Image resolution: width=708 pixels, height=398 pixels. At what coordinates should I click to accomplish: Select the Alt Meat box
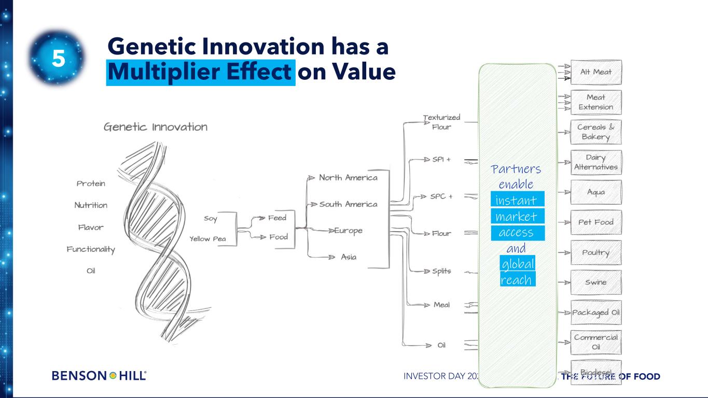(595, 73)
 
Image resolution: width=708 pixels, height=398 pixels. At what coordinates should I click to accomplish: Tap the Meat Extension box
(595, 102)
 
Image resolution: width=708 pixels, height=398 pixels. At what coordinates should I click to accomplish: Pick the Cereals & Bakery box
(595, 132)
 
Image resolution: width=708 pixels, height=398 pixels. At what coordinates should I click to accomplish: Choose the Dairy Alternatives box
(595, 162)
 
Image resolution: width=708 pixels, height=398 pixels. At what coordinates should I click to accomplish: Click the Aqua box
(595, 192)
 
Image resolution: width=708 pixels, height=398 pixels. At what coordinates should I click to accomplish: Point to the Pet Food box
(595, 222)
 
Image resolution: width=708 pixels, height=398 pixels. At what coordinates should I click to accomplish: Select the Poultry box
(595, 252)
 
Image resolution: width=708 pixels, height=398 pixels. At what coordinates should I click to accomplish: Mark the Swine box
(595, 282)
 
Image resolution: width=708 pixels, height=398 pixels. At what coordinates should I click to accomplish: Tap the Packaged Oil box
(595, 312)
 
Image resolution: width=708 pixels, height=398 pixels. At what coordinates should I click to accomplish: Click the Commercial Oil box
(595, 342)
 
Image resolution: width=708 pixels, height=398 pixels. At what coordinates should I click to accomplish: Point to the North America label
(348, 178)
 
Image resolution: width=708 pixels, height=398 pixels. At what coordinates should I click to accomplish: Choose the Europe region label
(348, 231)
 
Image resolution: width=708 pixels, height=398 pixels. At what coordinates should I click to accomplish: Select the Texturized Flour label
(441, 122)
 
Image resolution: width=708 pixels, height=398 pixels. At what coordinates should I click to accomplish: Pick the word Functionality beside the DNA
(91, 249)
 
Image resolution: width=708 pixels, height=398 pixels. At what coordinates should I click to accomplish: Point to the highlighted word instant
(516, 200)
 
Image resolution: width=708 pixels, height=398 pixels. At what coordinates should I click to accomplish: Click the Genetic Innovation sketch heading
(156, 127)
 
